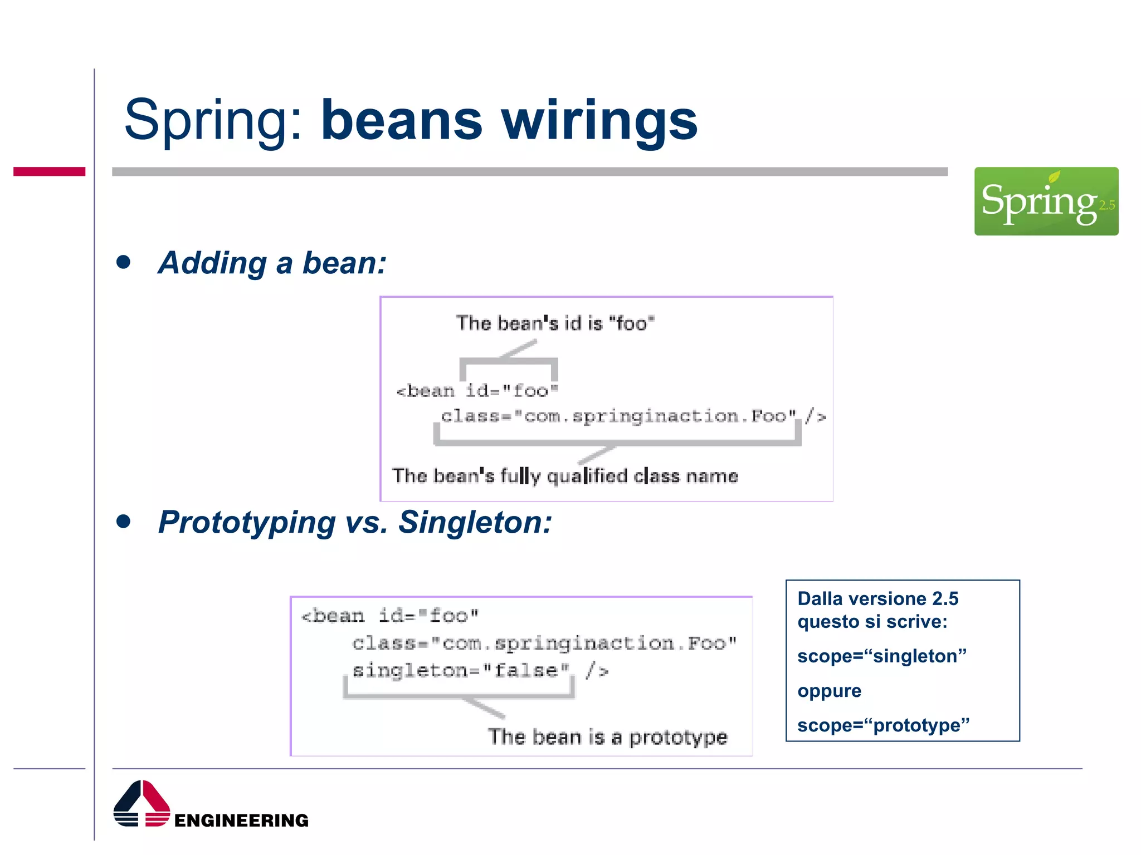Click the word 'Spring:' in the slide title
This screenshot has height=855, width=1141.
pos(213,120)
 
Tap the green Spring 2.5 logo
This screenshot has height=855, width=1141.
pos(1046,201)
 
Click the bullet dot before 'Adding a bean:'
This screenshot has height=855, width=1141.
pos(124,262)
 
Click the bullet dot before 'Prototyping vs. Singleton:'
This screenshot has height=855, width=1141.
pos(124,522)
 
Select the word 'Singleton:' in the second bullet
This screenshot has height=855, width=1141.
pos(475,523)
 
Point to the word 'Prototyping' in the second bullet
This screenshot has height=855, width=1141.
pos(247,523)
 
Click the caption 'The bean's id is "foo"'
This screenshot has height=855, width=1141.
pos(555,323)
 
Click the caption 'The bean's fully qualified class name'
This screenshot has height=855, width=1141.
pos(564,476)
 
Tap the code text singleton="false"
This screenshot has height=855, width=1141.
pos(460,670)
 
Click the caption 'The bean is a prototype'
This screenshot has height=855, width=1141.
pos(608,737)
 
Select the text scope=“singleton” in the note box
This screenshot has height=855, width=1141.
pos(881,656)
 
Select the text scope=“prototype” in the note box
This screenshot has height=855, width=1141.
pos(883,725)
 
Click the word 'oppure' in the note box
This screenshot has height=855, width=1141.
pos(829,691)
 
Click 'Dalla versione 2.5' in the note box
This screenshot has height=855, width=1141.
pos(877,598)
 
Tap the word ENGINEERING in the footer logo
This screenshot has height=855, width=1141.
pos(241,820)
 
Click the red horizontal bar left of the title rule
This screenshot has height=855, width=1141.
pos(49,171)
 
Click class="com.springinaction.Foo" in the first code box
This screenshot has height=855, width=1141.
pos(618,416)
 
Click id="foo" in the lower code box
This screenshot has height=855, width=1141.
pos(428,616)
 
